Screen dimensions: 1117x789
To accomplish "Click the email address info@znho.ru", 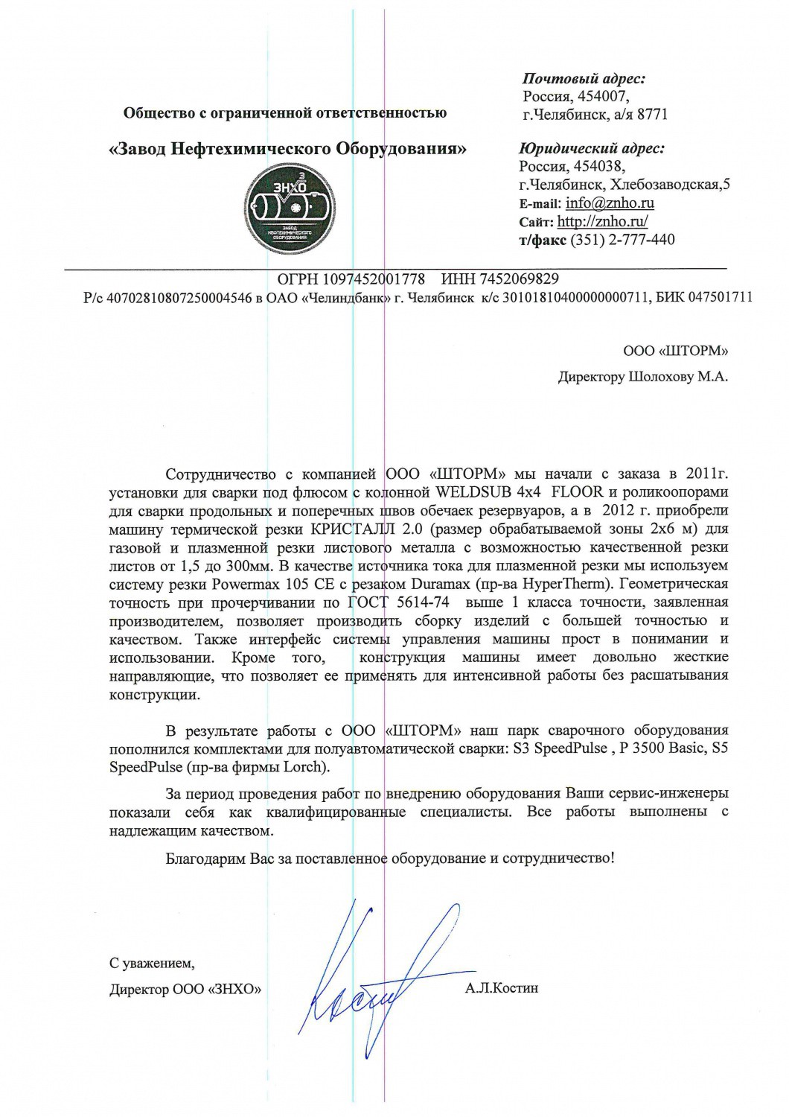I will (610, 203).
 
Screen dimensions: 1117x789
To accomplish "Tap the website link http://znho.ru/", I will (603, 221).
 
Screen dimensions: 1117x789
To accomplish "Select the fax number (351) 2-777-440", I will (622, 240).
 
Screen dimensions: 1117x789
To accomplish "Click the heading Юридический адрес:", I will (592, 148).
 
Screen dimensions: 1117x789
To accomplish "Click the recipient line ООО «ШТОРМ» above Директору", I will (675, 351).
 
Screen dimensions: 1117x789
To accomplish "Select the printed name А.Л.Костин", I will (501, 989).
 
